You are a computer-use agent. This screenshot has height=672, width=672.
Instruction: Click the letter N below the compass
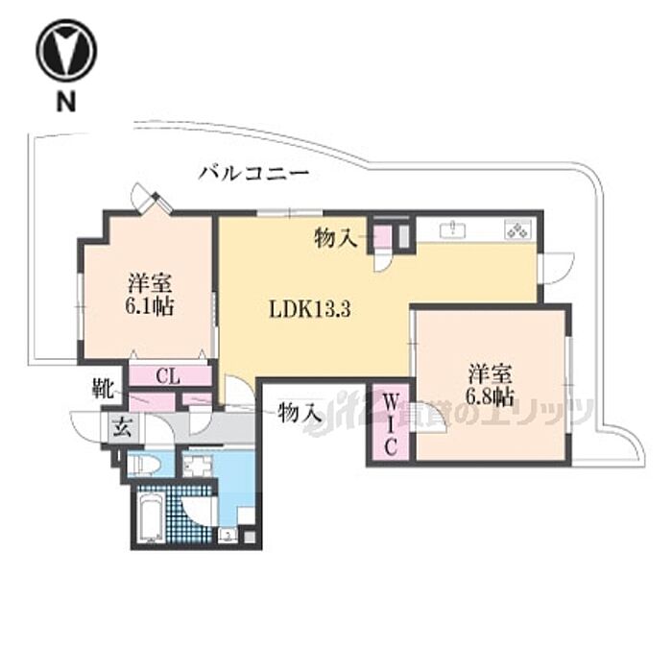coord(65,101)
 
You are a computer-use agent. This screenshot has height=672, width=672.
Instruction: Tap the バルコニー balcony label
coord(253,174)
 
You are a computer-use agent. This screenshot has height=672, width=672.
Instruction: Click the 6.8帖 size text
coord(491,396)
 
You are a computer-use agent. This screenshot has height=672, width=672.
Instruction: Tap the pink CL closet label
coord(169,374)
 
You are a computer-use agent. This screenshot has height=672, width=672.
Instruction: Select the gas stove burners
coord(517,229)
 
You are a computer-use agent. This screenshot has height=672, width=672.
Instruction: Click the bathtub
coord(151,519)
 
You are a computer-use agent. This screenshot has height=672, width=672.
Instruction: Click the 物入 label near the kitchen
coord(336,237)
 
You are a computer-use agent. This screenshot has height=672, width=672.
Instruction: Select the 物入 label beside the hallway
coord(299,414)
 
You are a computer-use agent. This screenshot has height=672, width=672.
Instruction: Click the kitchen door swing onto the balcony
coord(557,265)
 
